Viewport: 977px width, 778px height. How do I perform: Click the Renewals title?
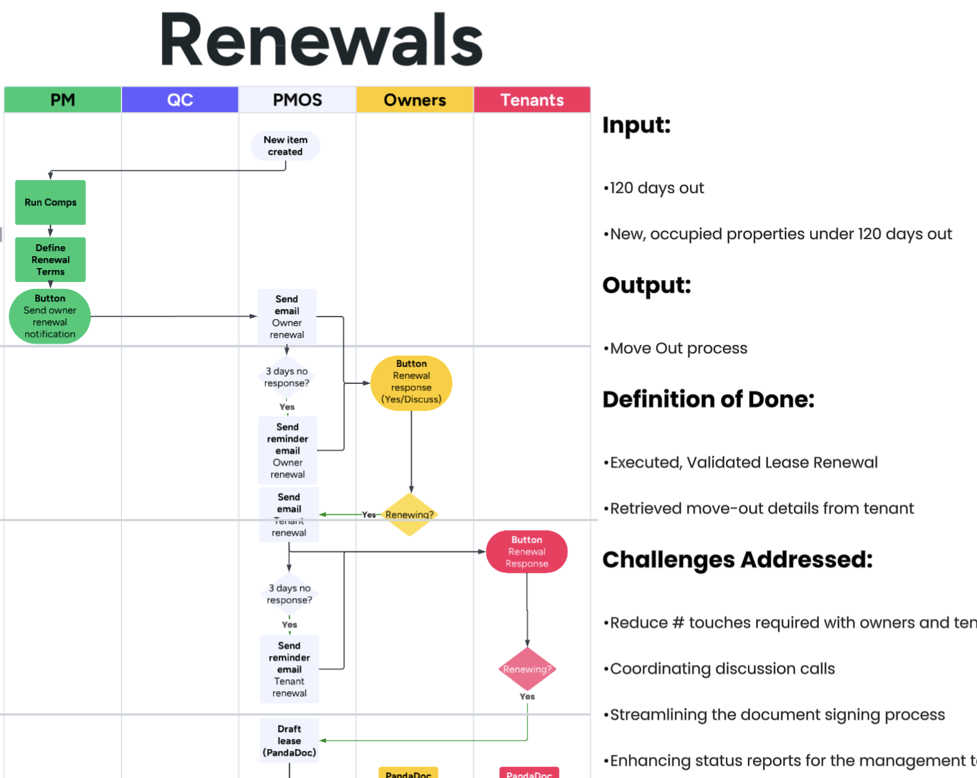(321, 40)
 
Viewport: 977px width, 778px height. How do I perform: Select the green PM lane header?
(62, 100)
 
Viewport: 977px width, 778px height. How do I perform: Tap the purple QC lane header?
(180, 100)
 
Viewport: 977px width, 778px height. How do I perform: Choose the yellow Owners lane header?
(415, 100)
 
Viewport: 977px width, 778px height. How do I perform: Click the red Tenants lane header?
(532, 100)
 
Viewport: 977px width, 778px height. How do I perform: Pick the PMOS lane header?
(297, 100)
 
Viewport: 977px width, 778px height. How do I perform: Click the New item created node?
(285, 146)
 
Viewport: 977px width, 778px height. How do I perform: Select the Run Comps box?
(50, 203)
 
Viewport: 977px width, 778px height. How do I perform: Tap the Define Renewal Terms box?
(50, 259)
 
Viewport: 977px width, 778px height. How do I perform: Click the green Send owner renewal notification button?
(50, 316)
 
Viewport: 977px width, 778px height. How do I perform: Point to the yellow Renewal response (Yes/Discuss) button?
(411, 382)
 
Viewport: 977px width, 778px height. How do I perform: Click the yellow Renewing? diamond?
(409, 515)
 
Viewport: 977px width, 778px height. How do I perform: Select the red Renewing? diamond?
(527, 669)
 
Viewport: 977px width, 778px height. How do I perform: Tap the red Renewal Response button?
(527, 552)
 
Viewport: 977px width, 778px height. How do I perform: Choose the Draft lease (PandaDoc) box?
(290, 741)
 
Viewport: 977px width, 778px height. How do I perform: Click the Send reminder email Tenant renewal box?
(290, 669)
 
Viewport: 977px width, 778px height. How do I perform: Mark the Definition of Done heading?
(708, 400)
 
